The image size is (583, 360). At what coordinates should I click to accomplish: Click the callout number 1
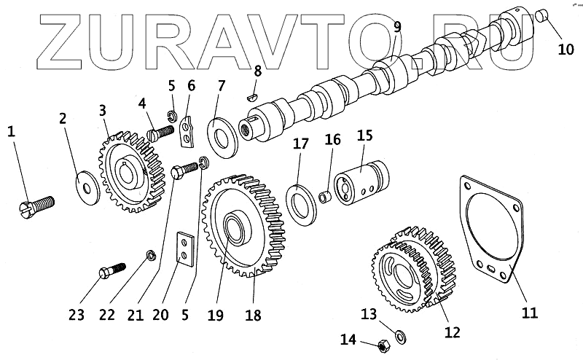click(x=11, y=132)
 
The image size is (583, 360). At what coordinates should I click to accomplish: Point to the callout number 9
click(x=397, y=28)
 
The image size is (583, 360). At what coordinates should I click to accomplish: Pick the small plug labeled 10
click(x=541, y=16)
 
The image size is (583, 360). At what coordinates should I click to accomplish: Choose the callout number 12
click(x=452, y=332)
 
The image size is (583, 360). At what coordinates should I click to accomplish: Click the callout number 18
click(x=254, y=316)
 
